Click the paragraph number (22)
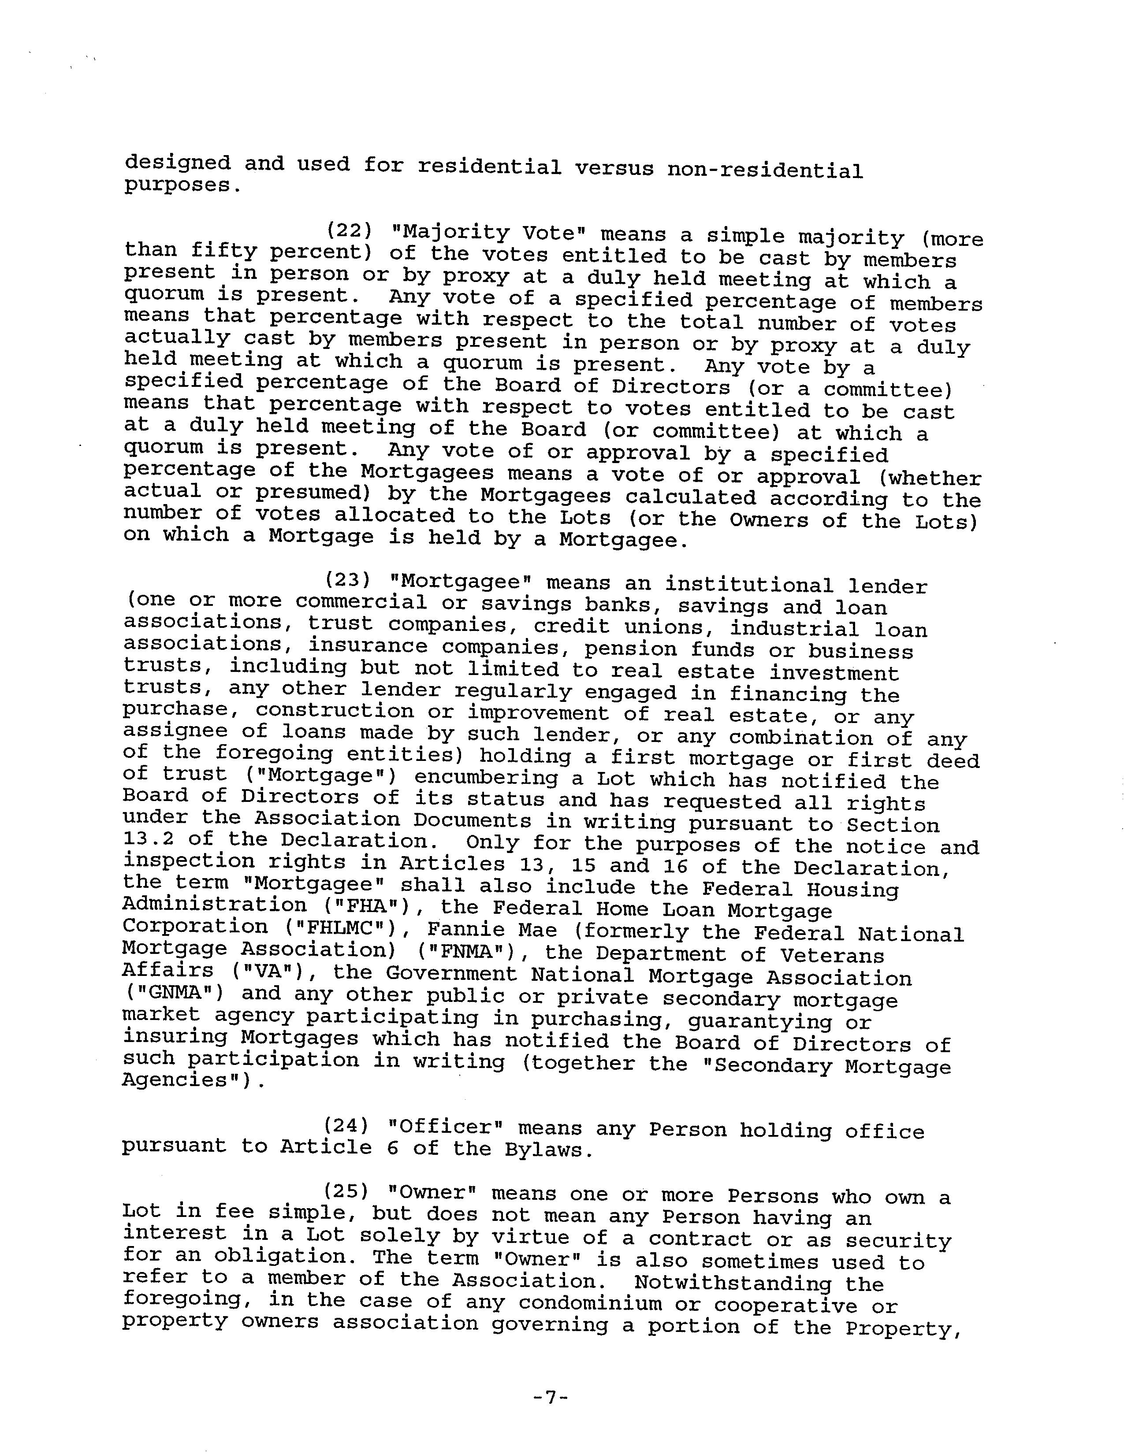click(350, 231)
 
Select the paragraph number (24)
click(346, 1125)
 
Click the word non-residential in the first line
click(764, 171)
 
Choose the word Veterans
click(832, 955)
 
